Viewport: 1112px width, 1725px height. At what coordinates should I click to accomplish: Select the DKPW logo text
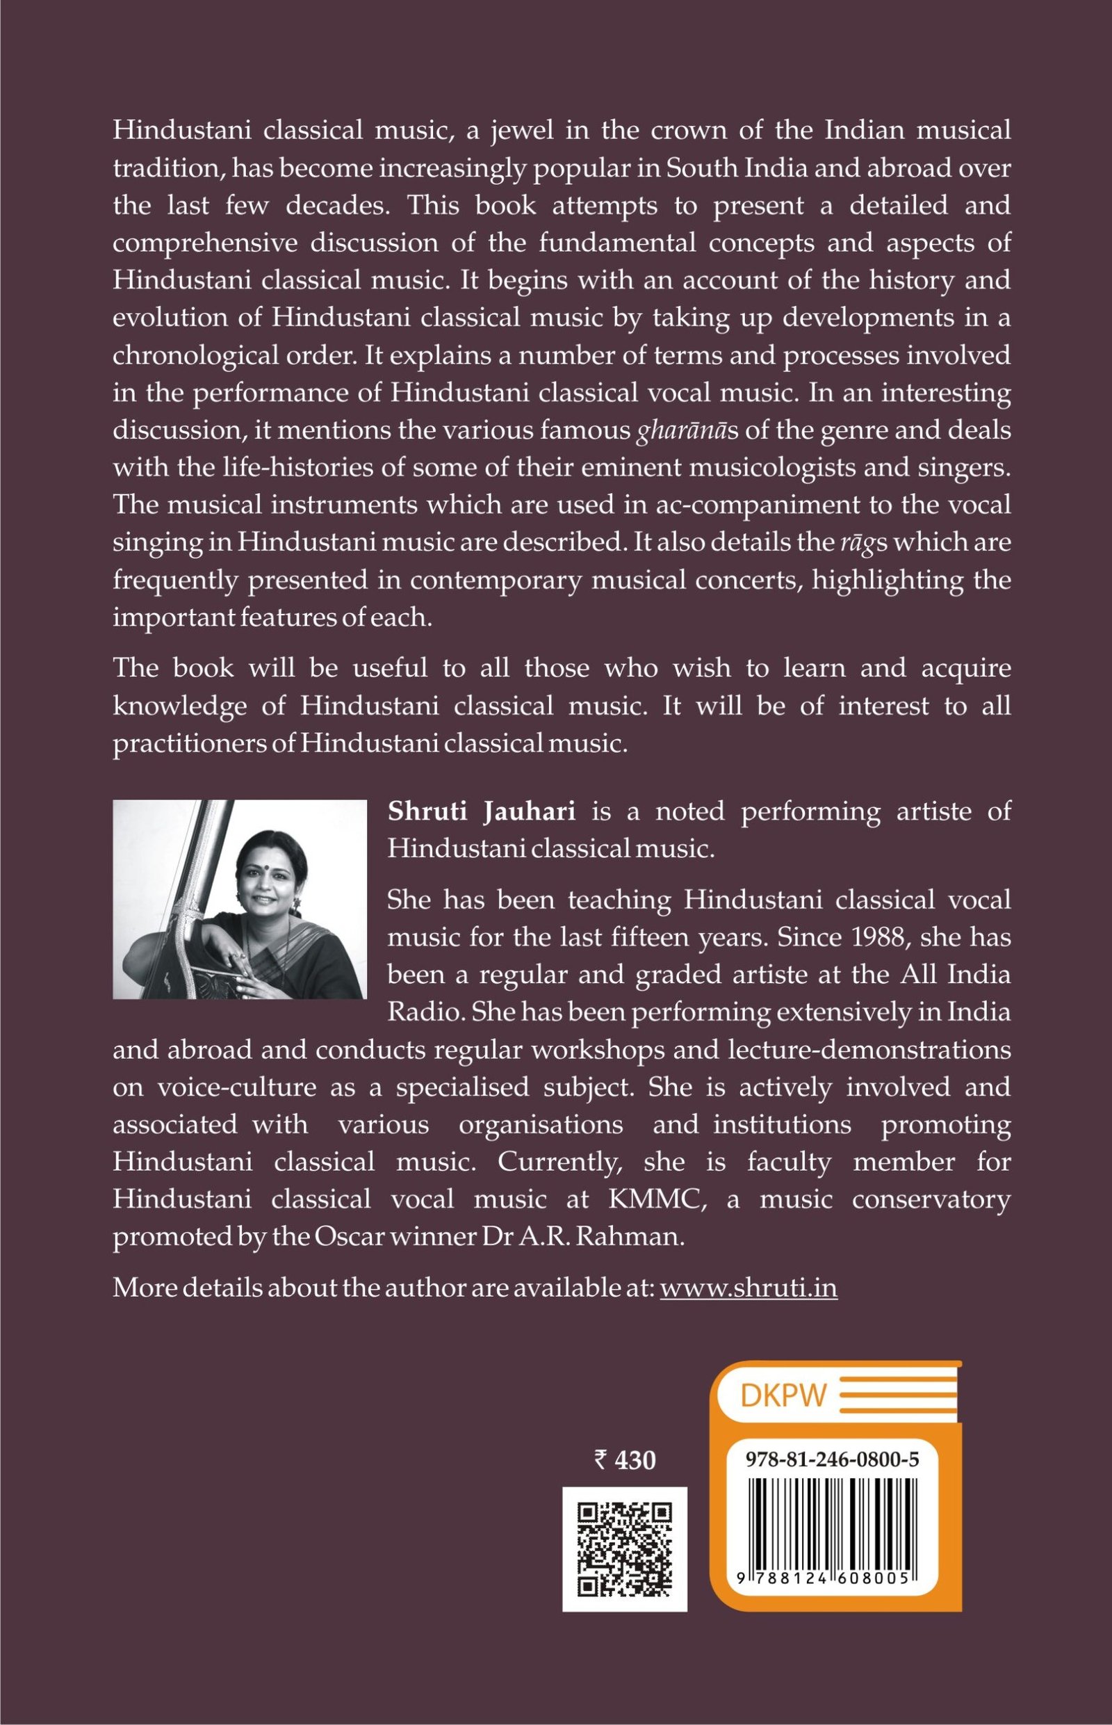pyautogui.click(x=783, y=1395)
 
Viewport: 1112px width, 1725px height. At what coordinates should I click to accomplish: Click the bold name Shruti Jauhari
pyautogui.click(x=482, y=811)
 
